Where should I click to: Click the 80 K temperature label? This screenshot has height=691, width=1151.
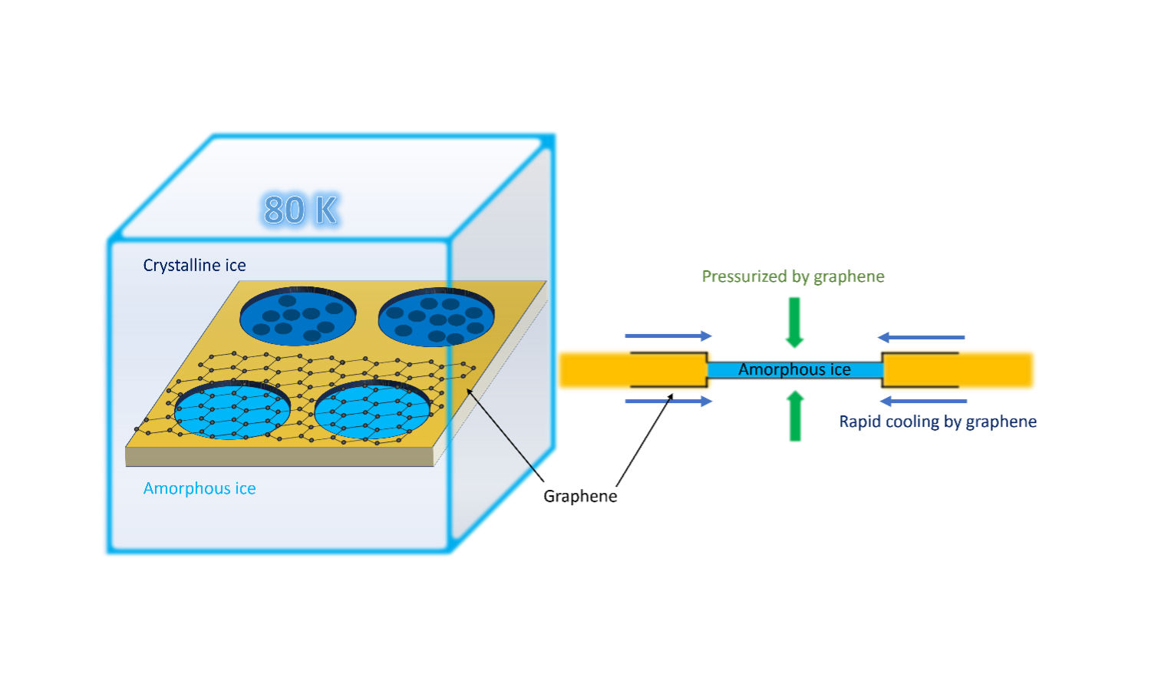click(301, 210)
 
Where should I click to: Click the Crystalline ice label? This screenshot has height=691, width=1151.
click(194, 266)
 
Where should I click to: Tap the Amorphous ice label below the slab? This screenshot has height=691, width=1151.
click(200, 488)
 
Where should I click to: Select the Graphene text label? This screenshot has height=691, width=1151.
click(580, 496)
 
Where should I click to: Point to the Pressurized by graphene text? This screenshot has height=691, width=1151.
click(793, 276)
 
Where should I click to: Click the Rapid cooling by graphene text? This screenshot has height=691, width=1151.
click(938, 422)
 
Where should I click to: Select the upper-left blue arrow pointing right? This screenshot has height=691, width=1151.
click(668, 336)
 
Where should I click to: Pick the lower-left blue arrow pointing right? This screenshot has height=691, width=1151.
click(668, 401)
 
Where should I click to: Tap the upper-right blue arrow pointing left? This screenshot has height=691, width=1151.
click(922, 337)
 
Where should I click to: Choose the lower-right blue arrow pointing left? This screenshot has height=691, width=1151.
click(923, 401)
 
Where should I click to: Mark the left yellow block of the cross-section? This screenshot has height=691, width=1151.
click(633, 370)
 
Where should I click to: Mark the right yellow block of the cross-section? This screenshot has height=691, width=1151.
click(959, 370)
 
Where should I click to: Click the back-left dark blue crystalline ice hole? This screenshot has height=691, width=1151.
click(298, 316)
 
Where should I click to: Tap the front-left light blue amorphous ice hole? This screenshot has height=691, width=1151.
click(232, 410)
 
